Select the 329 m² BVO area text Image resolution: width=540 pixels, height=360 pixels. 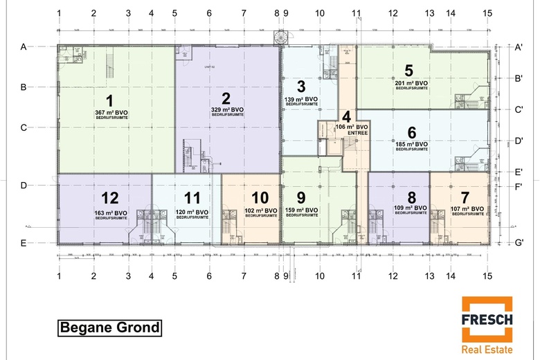(x=227, y=109)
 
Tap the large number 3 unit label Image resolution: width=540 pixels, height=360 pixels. (x=300, y=87)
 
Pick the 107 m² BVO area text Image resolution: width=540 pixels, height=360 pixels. (x=465, y=211)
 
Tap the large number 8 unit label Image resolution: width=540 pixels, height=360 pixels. (x=412, y=197)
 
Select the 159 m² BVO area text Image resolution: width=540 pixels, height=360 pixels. (x=301, y=211)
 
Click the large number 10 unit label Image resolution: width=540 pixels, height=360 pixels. (x=260, y=197)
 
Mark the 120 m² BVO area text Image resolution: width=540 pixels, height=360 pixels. (x=192, y=213)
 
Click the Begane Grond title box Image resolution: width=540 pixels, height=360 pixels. (x=109, y=327)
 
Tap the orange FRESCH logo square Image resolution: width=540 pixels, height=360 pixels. (x=487, y=319)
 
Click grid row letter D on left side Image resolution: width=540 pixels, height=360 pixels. (x=24, y=186)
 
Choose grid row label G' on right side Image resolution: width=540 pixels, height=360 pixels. (x=519, y=243)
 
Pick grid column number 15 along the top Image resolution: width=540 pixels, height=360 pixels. (x=487, y=13)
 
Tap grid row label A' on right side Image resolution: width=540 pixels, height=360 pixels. (x=519, y=47)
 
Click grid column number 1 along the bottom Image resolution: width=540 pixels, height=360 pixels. (x=60, y=276)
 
